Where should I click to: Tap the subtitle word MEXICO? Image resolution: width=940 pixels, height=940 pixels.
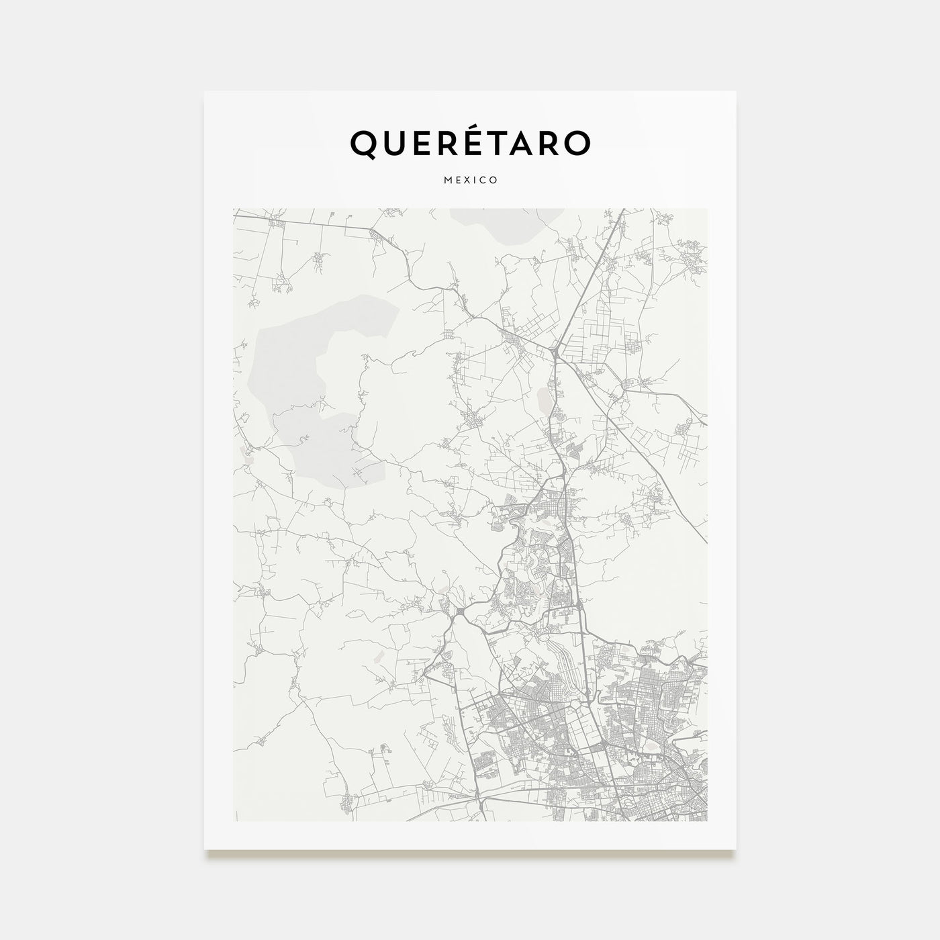pyautogui.click(x=470, y=181)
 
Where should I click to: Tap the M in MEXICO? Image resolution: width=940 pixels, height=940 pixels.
pyautogui.click(x=446, y=181)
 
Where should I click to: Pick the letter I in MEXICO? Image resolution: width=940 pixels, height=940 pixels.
pyautogui.click(x=476, y=181)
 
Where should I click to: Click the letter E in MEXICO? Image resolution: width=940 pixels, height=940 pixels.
pyautogui.click(x=458, y=181)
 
